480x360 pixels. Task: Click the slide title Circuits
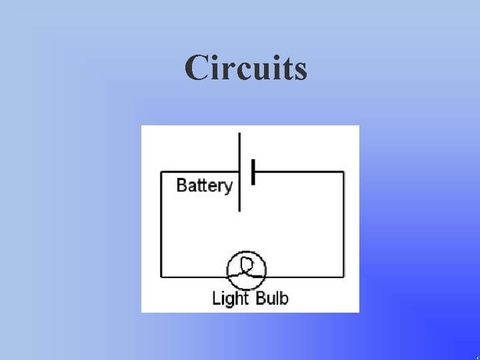coord(246,68)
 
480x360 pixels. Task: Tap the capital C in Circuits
coord(197,68)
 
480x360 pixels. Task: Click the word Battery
coord(204,185)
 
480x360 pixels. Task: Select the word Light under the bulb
coord(230,297)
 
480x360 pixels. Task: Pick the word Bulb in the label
coord(271,297)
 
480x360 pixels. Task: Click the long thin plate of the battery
coord(239,172)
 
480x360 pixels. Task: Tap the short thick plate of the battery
coord(253,172)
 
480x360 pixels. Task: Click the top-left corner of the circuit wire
coord(161,172)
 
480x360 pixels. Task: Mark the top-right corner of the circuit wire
coord(344,172)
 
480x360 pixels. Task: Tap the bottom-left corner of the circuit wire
coord(161,276)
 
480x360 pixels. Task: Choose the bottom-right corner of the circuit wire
coord(344,276)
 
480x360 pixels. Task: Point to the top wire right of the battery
coord(300,172)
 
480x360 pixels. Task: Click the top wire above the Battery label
coord(200,172)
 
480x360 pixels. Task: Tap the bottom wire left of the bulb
coord(193,276)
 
